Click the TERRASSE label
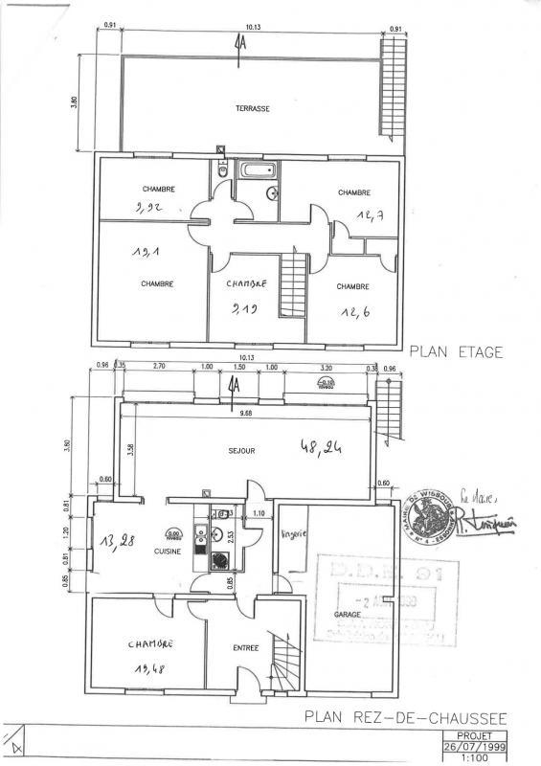pyautogui.click(x=253, y=108)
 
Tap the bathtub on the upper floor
pyautogui.click(x=257, y=171)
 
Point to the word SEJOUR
pyautogui.click(x=240, y=450)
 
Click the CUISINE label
pyautogui.click(x=169, y=552)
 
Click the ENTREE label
pyautogui.click(x=246, y=648)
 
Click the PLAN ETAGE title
pyautogui.click(x=456, y=351)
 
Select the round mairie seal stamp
pyautogui.click(x=428, y=513)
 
